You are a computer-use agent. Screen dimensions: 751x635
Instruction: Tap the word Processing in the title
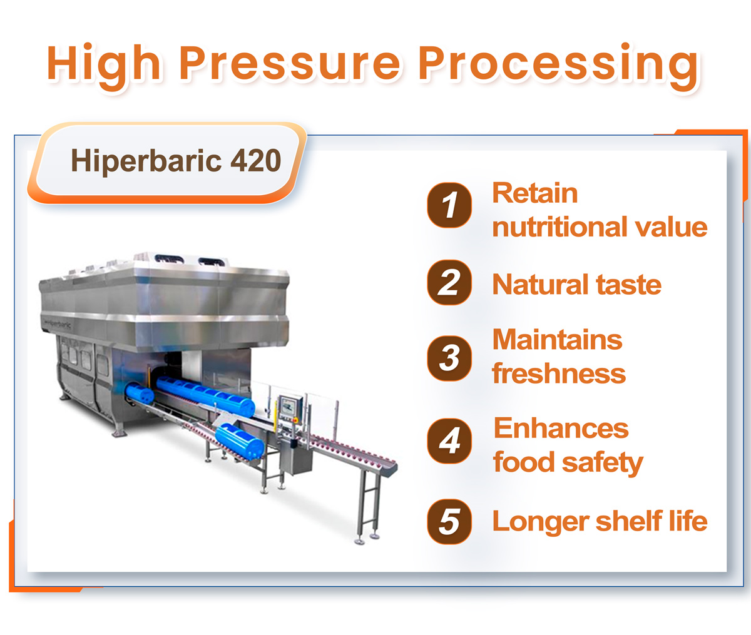click(558, 66)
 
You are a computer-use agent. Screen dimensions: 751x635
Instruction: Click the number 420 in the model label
click(256, 161)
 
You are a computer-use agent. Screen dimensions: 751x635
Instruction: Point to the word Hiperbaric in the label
click(146, 161)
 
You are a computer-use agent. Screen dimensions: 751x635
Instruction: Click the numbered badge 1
click(449, 205)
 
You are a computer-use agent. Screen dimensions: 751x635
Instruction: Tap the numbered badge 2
click(449, 282)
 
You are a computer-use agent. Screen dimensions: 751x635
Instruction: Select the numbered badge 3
click(449, 358)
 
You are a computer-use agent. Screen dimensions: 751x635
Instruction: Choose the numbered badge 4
click(449, 440)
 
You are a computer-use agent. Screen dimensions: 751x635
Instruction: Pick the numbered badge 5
click(449, 522)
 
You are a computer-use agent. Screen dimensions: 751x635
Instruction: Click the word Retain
click(535, 193)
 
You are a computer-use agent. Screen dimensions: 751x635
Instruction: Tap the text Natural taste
click(576, 285)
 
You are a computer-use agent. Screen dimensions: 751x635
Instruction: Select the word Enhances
click(561, 429)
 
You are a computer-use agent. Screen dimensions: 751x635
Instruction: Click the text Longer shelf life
click(600, 521)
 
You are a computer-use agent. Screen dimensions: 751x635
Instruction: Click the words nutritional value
click(600, 227)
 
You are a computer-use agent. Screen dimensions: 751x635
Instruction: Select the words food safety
click(568, 462)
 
